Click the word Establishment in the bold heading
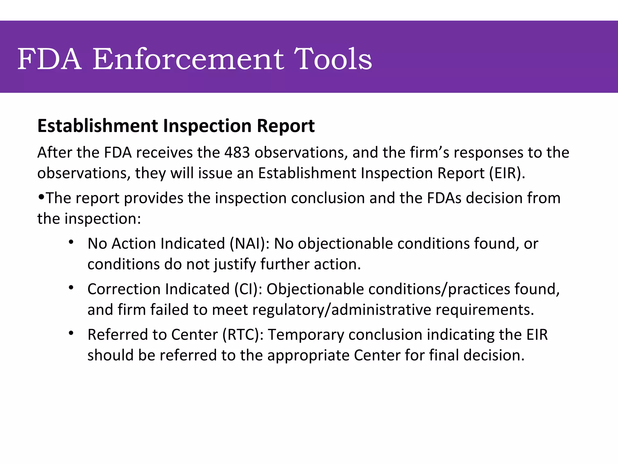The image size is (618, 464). pos(97,126)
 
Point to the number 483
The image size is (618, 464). pos(237,153)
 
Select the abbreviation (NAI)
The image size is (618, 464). pos(250,244)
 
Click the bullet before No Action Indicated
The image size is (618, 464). pos(71,242)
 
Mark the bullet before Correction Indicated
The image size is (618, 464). pos(71,288)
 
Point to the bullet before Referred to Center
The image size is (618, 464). pos(71,333)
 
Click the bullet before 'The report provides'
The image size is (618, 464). pos(41,197)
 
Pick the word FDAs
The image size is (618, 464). pos(444,198)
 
